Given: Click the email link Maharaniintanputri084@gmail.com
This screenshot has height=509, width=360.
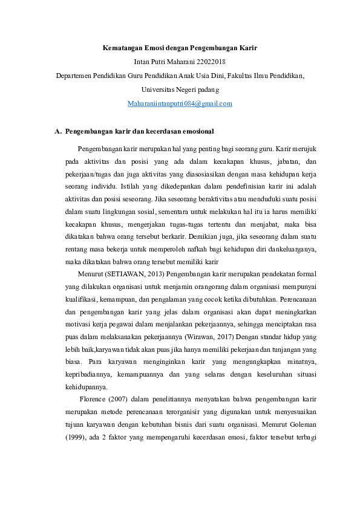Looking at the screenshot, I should [180, 103].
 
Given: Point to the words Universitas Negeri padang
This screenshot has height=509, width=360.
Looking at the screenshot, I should [180, 89].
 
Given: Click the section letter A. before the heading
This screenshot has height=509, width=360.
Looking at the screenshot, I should [58, 131].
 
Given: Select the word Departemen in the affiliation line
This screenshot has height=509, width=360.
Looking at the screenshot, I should [74, 76].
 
